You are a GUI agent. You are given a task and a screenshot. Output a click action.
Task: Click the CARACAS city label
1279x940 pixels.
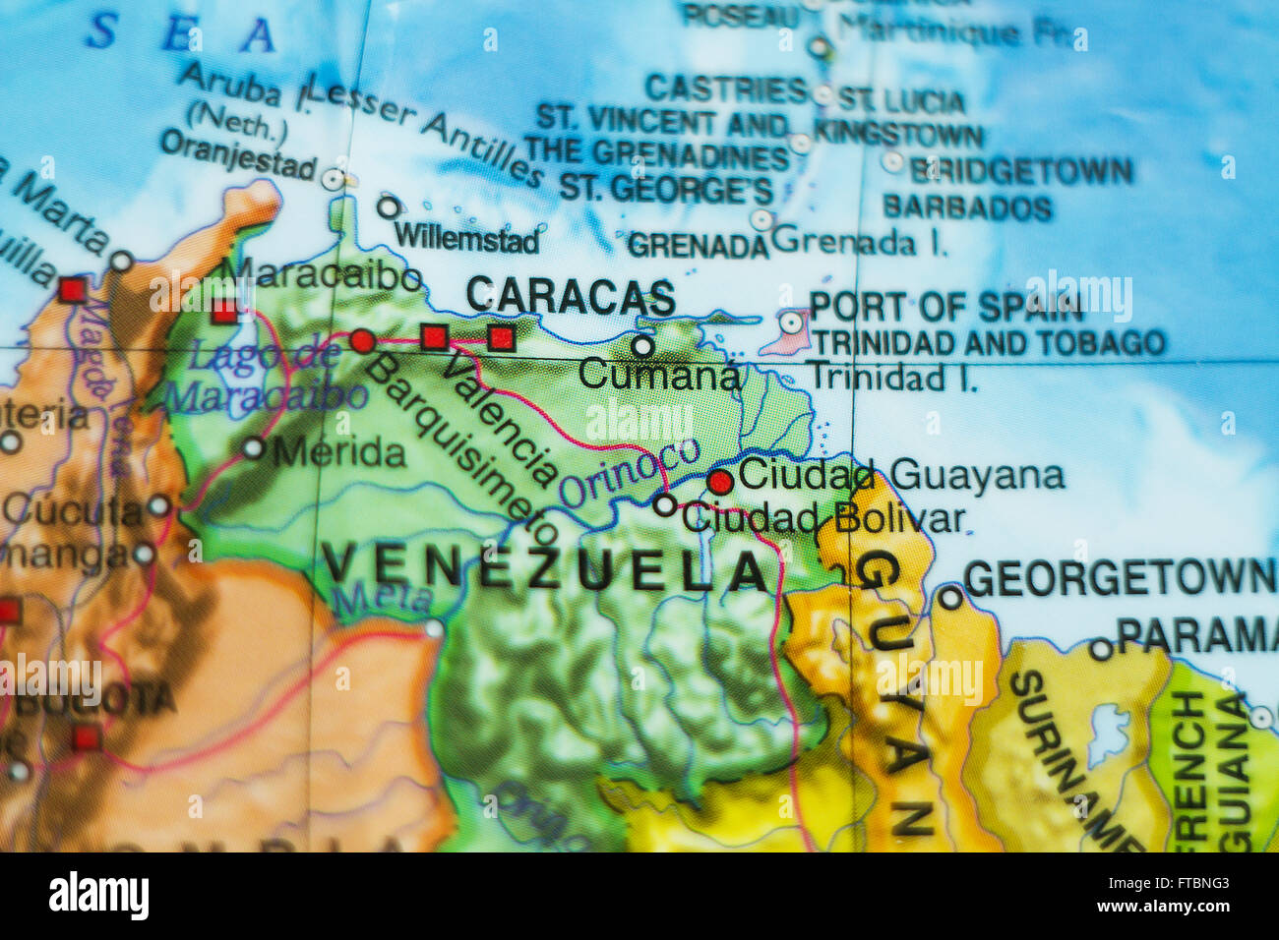pos(571,296)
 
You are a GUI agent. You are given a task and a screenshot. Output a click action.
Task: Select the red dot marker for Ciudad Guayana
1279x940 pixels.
pos(720,481)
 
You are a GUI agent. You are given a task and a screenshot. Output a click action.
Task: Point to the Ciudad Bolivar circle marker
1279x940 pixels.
pos(665,505)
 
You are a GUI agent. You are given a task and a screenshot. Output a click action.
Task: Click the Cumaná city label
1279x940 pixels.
pos(658,374)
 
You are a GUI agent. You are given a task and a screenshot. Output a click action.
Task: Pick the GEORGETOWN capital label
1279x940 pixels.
pos(1120,577)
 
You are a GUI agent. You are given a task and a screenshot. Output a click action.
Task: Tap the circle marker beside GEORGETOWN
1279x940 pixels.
pos(949,598)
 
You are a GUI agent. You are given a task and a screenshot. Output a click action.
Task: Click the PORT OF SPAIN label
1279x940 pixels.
pos(945,307)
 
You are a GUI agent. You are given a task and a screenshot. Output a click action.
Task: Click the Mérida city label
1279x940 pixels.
pos(338,452)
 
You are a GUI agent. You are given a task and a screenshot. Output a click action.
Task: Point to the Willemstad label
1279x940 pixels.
pos(466,239)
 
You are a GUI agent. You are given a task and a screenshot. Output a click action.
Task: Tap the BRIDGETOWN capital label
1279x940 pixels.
pos(1020,171)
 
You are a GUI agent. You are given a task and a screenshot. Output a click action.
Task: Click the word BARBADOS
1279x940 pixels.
pos(966,207)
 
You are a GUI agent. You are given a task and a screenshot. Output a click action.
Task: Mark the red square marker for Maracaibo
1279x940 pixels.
pos(224,312)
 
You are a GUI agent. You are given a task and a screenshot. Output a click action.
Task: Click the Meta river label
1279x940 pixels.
pos(382,597)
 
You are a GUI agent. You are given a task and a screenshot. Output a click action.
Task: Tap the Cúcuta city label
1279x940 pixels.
pos(73,510)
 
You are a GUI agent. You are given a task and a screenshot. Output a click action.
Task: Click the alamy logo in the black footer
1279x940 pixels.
pos(98,896)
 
